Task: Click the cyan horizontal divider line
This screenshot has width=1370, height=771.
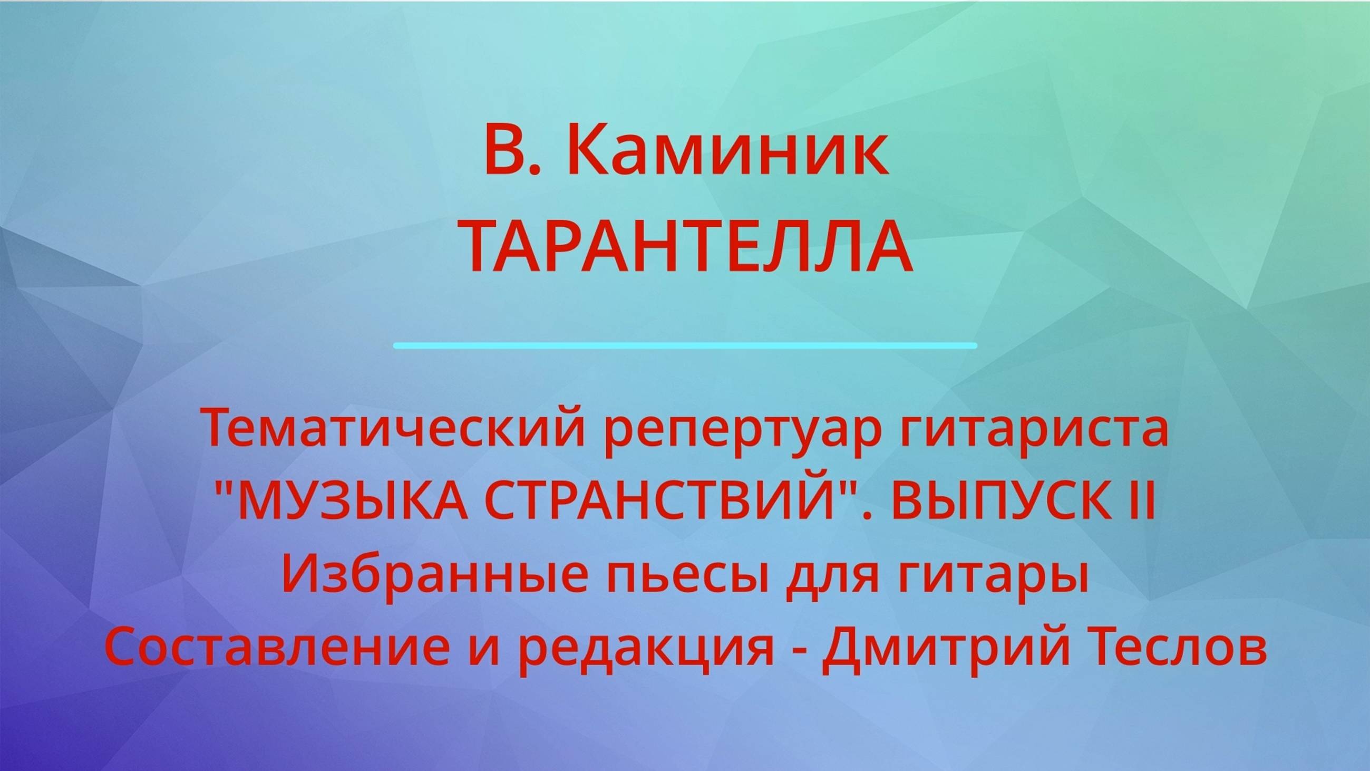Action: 685,346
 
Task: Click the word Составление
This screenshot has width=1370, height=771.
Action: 277,650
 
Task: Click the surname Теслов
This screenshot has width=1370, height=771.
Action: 1179,650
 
